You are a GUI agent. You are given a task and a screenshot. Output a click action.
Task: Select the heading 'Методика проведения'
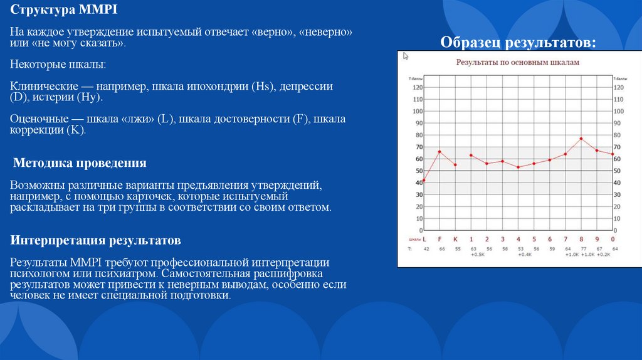click(80, 163)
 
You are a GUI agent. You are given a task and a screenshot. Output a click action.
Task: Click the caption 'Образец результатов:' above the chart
click(518, 42)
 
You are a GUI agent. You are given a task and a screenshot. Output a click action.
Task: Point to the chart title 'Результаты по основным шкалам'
click(517, 63)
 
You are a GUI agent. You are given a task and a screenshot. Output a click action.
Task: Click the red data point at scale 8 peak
click(581, 139)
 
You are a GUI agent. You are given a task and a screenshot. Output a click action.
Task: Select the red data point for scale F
click(439, 152)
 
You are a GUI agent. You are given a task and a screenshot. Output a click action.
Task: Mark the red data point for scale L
click(424, 181)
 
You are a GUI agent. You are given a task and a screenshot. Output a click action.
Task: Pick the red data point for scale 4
click(518, 167)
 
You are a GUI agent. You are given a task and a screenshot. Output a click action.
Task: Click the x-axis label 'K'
click(455, 239)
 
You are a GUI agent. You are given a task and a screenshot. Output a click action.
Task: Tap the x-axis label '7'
click(566, 239)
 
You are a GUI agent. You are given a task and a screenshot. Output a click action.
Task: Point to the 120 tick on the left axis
click(418, 88)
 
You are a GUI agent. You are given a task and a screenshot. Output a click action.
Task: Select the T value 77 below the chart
click(581, 249)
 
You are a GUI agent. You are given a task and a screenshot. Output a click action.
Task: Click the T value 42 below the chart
click(426, 249)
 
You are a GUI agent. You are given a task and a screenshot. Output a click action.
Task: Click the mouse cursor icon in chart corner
click(406, 56)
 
